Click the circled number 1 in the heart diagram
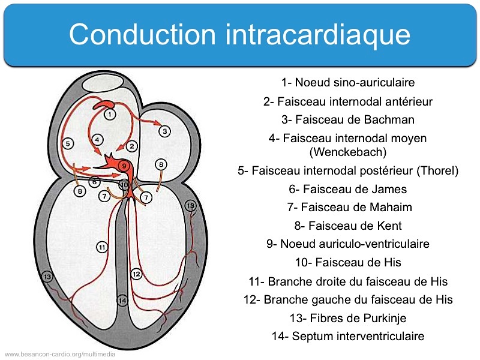110,114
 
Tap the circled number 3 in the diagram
166,131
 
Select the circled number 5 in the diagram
68,143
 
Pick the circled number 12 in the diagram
136,274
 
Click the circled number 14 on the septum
122,300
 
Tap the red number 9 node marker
124,166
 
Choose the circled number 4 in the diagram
98,139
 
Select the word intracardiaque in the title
319,35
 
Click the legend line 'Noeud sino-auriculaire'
347,83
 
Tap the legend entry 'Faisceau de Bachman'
347,120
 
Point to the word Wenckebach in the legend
347,151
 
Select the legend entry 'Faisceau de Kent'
347,226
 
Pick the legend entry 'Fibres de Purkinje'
347,318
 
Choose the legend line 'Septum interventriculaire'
347,337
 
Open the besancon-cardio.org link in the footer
60,354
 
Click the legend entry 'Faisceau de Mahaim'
347,208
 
